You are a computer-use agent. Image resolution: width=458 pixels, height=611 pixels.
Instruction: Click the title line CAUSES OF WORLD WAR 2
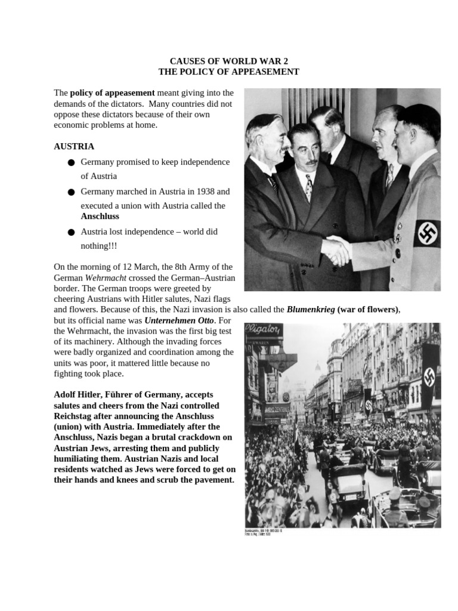point(228,61)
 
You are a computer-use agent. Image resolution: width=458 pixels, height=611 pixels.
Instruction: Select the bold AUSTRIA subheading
point(74,146)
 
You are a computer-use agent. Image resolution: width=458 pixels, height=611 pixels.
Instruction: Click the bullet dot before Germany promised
point(71,162)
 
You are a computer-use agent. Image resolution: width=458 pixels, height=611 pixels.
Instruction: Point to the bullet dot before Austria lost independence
point(71,232)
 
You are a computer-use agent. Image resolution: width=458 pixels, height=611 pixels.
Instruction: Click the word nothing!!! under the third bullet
point(99,246)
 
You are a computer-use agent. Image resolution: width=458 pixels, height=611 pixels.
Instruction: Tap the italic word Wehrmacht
point(103,278)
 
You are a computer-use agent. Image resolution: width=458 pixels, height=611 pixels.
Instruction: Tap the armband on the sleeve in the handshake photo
point(426,233)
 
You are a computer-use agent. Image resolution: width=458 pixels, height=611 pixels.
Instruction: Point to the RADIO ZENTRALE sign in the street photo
point(277,409)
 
